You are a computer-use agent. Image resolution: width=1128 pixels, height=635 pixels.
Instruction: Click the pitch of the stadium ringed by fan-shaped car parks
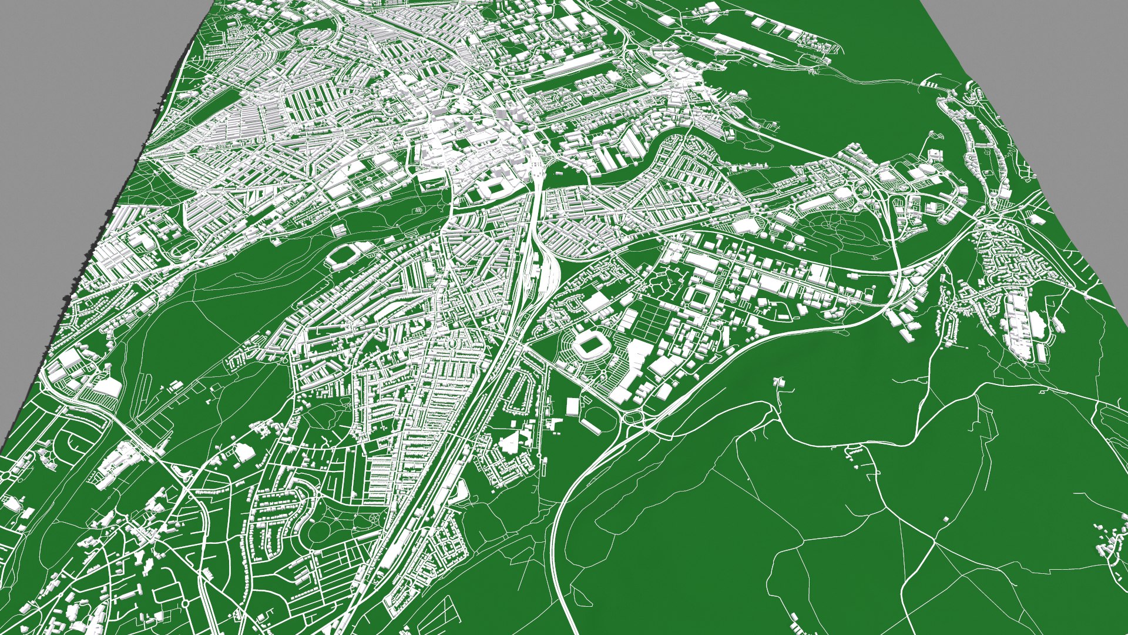coord(588,346)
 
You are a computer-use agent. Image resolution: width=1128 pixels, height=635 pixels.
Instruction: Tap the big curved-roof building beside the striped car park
coord(108,387)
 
